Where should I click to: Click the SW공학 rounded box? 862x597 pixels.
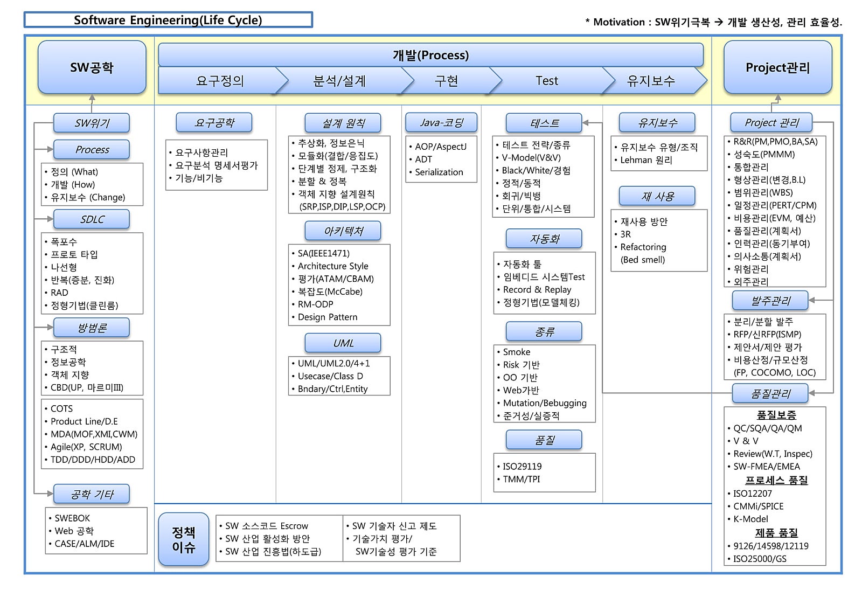point(92,67)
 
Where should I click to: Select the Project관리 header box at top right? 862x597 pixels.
point(777,67)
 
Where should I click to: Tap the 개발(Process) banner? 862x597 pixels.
point(430,55)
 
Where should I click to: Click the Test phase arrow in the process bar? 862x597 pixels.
point(547,81)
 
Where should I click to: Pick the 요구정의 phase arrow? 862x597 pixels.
point(220,81)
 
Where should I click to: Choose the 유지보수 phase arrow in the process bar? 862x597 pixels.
point(651,81)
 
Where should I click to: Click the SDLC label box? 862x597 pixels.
point(92,219)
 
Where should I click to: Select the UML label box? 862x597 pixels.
point(343,343)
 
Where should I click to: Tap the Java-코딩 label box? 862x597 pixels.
point(441,123)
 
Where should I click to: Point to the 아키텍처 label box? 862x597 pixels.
point(343,231)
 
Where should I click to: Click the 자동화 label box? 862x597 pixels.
point(544,239)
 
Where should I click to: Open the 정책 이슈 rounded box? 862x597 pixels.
point(184,539)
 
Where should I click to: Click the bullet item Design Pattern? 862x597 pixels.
point(328,317)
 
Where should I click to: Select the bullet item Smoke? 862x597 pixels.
point(516,352)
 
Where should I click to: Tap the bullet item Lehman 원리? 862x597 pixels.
point(646,160)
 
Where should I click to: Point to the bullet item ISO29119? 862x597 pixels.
point(522,466)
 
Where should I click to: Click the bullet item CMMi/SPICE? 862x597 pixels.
point(758,506)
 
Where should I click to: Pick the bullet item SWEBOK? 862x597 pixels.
point(72,518)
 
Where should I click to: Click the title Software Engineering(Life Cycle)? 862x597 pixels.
point(168,20)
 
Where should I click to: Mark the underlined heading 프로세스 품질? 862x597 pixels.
point(776,480)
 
